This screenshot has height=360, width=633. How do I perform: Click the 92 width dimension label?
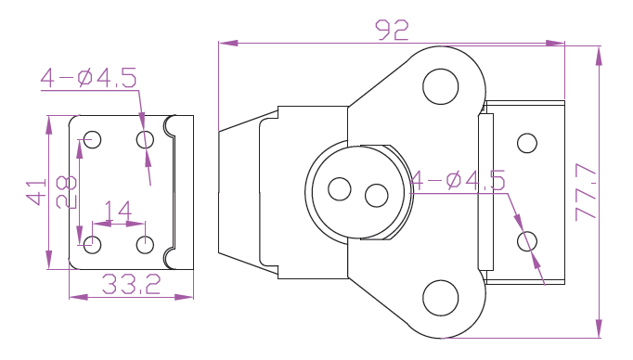pos(392,31)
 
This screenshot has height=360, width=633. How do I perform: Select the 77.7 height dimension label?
pos(586,192)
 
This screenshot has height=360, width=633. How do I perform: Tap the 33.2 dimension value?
pos(131,284)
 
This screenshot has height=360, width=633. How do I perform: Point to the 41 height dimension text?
pos(36,192)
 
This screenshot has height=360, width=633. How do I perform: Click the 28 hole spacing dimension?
pos(66,192)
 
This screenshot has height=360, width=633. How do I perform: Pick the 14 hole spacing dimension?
pos(118,211)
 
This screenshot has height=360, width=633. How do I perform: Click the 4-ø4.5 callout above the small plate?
pos(89,78)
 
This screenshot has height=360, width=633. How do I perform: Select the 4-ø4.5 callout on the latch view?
pos(458,180)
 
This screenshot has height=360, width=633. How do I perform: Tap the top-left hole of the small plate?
pos(93,140)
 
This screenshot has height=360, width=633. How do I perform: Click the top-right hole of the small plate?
pos(145,140)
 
